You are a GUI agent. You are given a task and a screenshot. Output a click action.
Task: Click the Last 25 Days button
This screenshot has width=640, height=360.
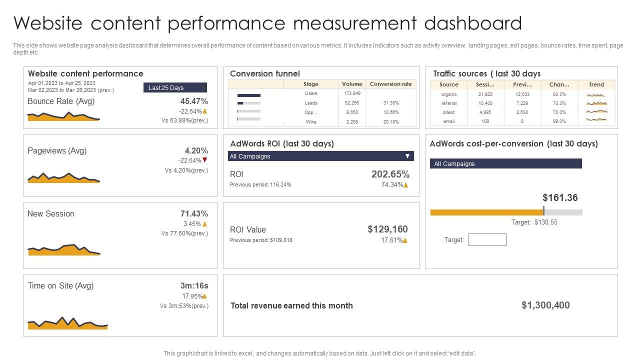(x=174, y=88)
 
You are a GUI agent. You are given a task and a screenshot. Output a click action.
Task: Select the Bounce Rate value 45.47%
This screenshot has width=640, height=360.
(x=194, y=101)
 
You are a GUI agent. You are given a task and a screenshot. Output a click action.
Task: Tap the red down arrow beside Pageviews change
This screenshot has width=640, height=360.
(x=205, y=160)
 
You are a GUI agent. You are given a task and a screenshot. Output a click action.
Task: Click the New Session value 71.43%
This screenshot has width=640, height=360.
(x=194, y=213)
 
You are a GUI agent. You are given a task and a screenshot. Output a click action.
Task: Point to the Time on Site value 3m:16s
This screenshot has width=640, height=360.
(x=194, y=285)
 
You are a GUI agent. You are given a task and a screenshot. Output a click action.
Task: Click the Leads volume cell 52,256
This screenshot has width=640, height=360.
(x=352, y=103)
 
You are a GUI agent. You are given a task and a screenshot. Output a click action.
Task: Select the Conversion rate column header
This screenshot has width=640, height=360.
(x=390, y=84)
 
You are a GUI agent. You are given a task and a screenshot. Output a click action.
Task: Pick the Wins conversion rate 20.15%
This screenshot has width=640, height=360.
(x=390, y=122)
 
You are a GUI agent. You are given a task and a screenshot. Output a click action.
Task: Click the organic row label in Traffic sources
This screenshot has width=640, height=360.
(x=448, y=94)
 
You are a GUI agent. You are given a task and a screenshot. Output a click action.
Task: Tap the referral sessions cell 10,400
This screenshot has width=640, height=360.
(x=485, y=103)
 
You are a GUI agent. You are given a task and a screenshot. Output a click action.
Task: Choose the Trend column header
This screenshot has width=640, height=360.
(x=596, y=84)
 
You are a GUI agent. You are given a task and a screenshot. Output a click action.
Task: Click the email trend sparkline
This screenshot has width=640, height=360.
(x=596, y=120)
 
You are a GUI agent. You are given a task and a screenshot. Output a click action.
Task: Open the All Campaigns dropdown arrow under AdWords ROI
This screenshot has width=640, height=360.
(x=407, y=156)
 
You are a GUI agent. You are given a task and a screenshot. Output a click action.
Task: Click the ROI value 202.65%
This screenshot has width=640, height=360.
(x=390, y=174)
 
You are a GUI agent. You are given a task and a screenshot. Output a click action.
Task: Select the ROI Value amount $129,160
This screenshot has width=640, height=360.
(x=387, y=229)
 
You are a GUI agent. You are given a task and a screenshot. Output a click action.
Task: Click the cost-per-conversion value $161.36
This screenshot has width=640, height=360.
(x=560, y=197)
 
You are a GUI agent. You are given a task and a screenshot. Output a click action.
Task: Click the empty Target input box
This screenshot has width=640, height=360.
(x=487, y=240)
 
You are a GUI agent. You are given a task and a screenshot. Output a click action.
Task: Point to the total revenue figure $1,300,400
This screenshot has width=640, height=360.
(x=545, y=305)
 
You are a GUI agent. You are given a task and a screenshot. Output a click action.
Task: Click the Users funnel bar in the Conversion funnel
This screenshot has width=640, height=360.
(x=248, y=95)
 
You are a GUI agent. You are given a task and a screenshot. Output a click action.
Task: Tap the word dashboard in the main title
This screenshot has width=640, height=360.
(x=473, y=23)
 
